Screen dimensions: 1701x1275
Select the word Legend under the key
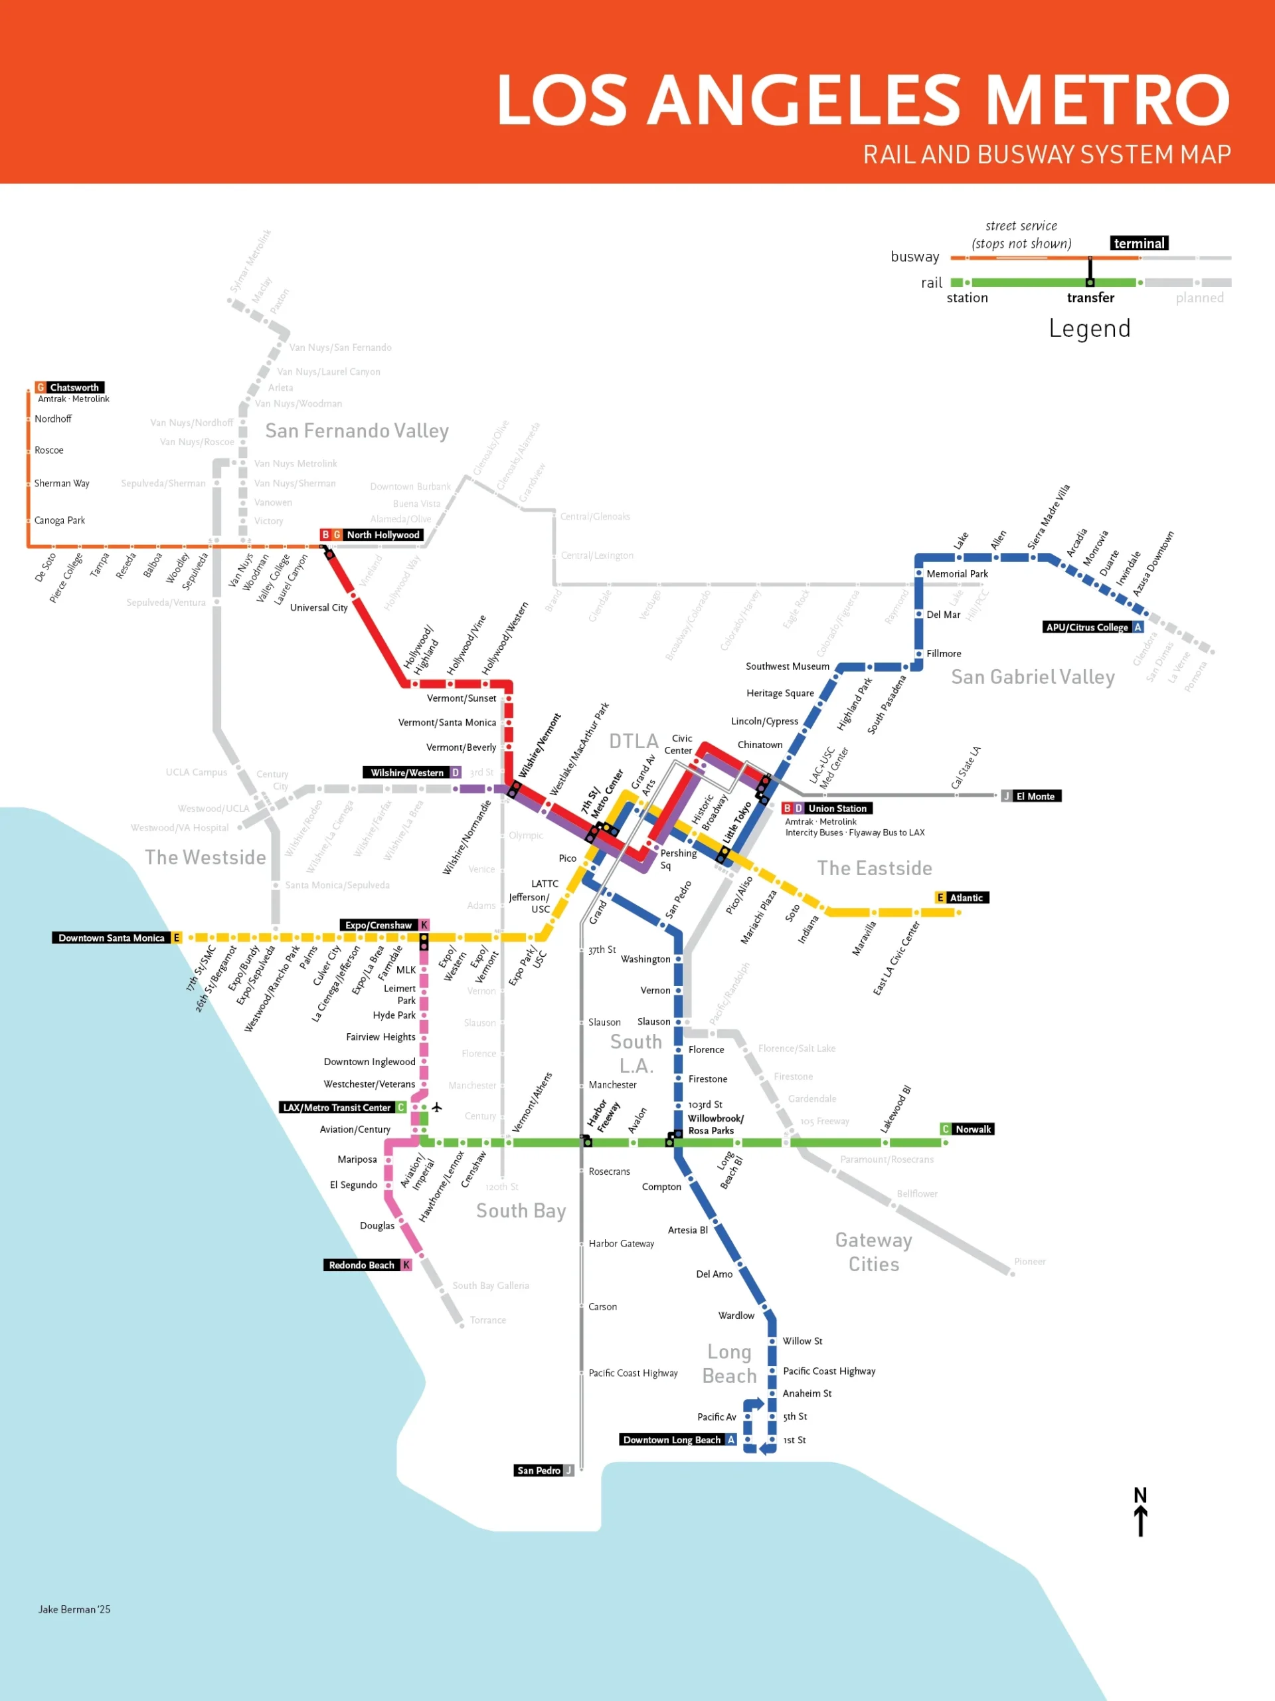pos(1089,328)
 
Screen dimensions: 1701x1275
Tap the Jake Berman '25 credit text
pos(74,1609)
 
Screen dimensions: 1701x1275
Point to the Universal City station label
pos(318,607)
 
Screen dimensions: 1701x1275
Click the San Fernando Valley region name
pos(357,431)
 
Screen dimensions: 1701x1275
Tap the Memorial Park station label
pos(957,573)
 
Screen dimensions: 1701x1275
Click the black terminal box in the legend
pos(1139,243)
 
